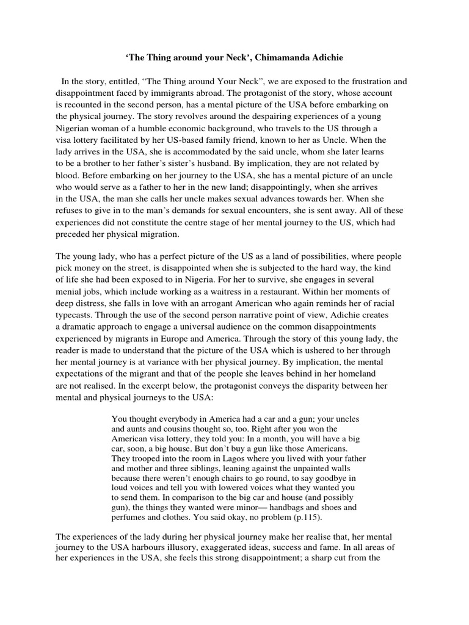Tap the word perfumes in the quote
[131, 517]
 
